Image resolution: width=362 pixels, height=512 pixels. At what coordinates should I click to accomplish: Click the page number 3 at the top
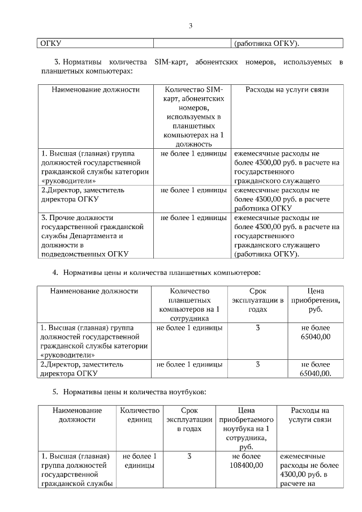[191, 25]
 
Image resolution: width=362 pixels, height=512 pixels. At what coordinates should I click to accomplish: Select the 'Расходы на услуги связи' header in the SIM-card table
[287, 89]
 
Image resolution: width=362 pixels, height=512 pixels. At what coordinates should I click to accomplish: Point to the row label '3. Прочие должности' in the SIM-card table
[77, 217]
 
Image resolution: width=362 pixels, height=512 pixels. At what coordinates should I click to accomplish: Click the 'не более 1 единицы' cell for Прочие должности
[193, 217]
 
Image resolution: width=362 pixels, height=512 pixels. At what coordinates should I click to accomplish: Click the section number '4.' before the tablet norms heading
[55, 272]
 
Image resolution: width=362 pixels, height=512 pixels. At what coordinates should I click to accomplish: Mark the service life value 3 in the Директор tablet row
[257, 364]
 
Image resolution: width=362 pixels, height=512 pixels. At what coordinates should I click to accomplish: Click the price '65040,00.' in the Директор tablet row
[316, 373]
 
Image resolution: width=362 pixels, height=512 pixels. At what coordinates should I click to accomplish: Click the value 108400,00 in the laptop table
[246, 465]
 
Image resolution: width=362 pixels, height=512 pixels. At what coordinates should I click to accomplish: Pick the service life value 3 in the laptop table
[189, 456]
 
